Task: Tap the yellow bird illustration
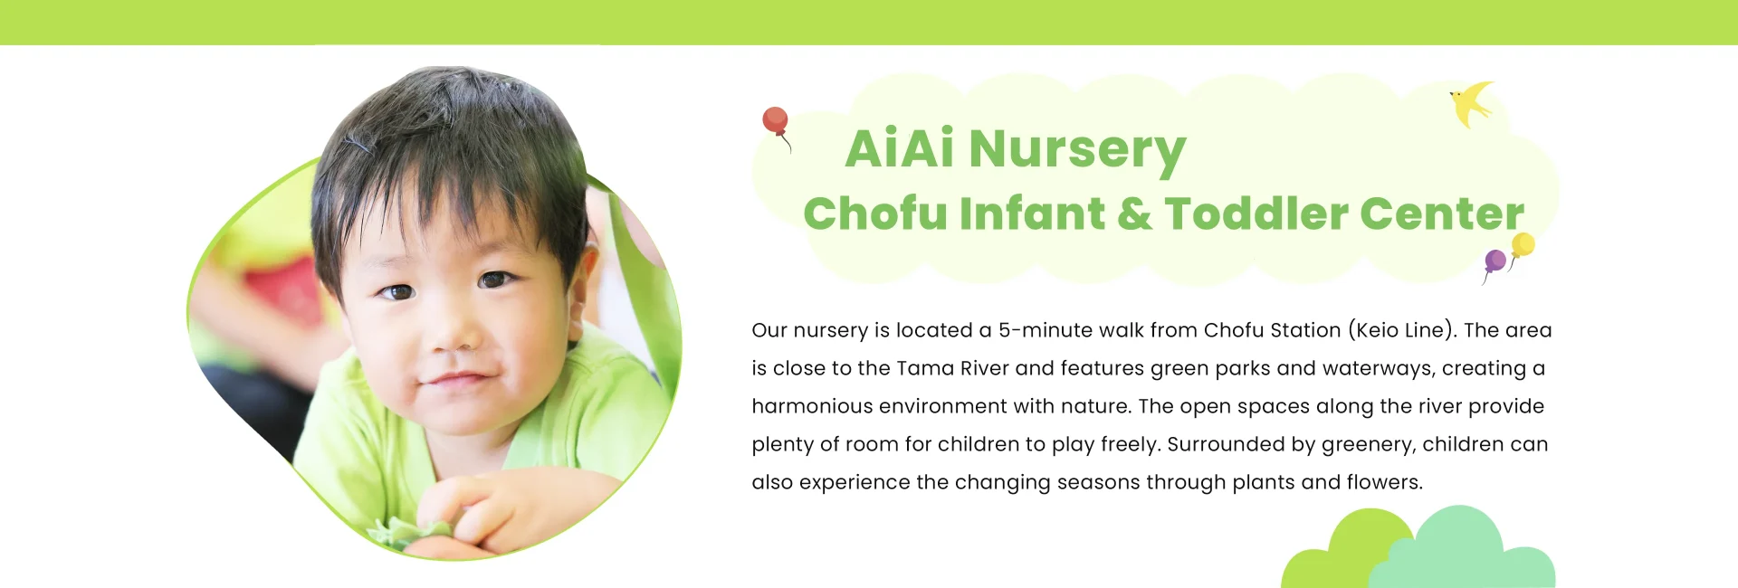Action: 1471,103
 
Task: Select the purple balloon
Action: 1494,262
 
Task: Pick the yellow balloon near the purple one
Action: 1523,244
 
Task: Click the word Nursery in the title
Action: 1077,149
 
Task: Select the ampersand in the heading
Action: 1134,214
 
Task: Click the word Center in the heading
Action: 1441,214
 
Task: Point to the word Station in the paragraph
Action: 1305,330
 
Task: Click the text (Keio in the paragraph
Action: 1372,330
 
